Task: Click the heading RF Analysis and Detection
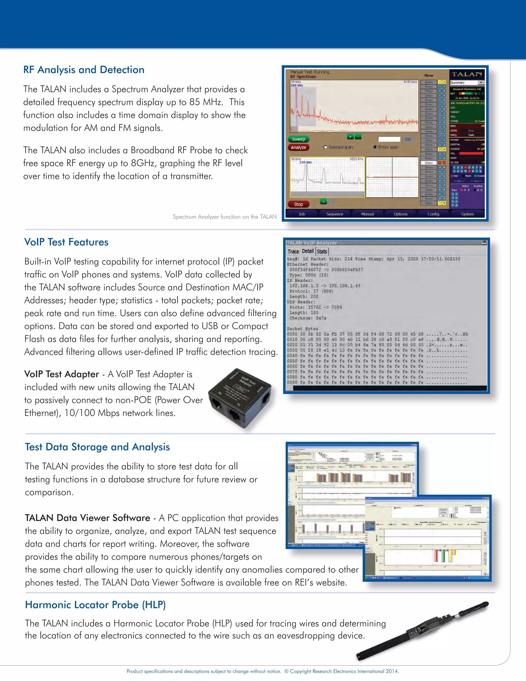click(84, 70)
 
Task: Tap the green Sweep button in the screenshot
click(298, 139)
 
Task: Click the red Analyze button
click(298, 148)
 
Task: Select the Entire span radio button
click(375, 147)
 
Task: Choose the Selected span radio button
click(326, 147)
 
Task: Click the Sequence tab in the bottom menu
click(334, 214)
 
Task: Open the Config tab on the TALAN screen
click(433, 214)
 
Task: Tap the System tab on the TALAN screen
click(467, 214)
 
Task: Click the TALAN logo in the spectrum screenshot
click(467, 74)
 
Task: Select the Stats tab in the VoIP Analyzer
click(322, 251)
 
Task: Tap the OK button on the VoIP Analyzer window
click(484, 242)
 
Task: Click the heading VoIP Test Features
click(66, 242)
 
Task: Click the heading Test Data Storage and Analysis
click(97, 447)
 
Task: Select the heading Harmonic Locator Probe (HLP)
click(95, 605)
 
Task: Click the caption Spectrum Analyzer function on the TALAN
click(225, 217)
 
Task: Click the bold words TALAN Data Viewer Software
click(88, 518)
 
